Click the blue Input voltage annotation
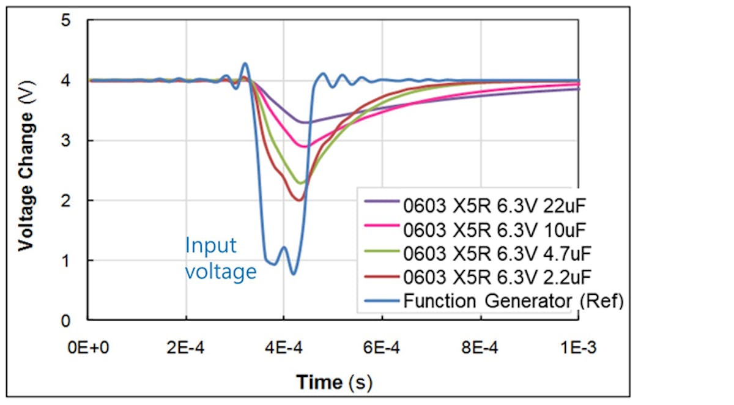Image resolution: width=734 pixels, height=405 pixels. click(x=221, y=258)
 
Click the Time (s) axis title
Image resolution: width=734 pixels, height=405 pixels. click(x=334, y=383)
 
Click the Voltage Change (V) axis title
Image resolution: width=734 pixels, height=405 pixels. click(x=25, y=173)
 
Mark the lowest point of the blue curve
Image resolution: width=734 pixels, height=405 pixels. click(x=294, y=273)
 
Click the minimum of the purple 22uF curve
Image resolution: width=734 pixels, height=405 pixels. click(x=303, y=122)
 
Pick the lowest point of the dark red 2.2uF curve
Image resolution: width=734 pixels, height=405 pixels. click(x=299, y=199)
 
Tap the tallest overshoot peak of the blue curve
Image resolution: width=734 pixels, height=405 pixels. click(x=245, y=63)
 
